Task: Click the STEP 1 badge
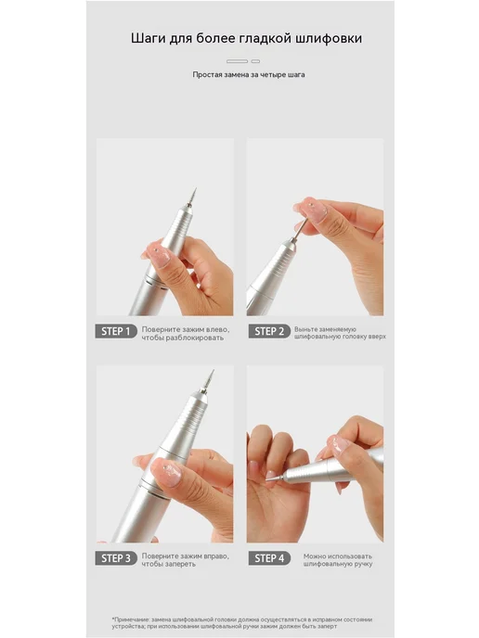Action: pyautogui.click(x=116, y=331)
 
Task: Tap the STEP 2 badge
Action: pyautogui.click(x=269, y=331)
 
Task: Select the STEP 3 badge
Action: pyautogui.click(x=116, y=558)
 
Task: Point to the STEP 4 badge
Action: pyautogui.click(x=269, y=558)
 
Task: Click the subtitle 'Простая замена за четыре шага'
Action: pyautogui.click(x=249, y=75)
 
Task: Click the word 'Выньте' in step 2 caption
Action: pyautogui.click(x=305, y=329)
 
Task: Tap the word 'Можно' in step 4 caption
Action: pyautogui.click(x=315, y=556)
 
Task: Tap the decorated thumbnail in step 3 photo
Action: pyautogui.click(x=167, y=472)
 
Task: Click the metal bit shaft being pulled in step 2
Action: pyautogui.click(x=300, y=230)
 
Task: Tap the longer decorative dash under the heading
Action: pyautogui.click(x=237, y=61)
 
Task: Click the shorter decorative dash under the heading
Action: pyautogui.click(x=255, y=61)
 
